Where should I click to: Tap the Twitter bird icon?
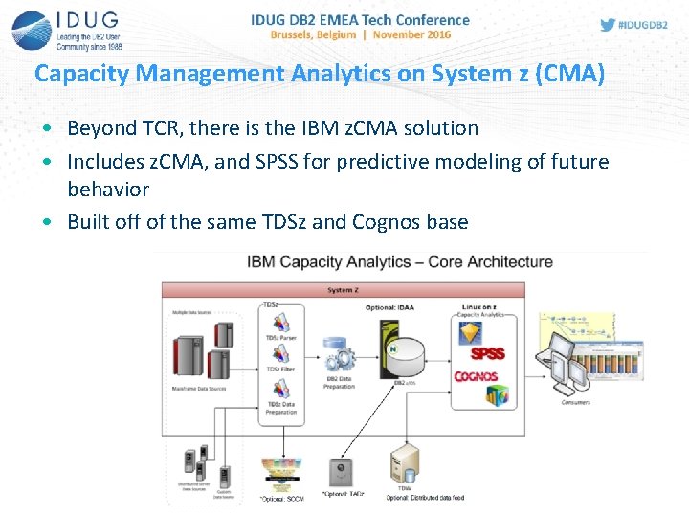608,25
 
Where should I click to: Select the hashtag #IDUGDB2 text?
645,25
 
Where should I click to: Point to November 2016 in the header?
411,34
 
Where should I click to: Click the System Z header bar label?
343,289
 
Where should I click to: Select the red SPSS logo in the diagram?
486,353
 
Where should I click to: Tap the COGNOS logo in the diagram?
476,377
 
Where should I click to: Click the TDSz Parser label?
281,339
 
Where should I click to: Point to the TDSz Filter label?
280,369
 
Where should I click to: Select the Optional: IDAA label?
391,307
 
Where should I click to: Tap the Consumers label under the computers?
575,402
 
